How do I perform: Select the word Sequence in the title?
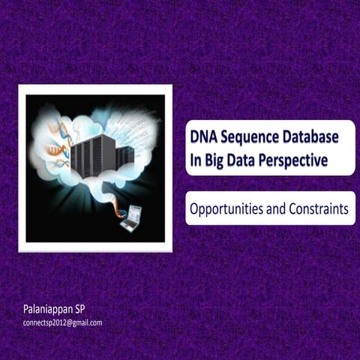253,138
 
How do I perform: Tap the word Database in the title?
313,138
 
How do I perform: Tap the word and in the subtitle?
273,209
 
